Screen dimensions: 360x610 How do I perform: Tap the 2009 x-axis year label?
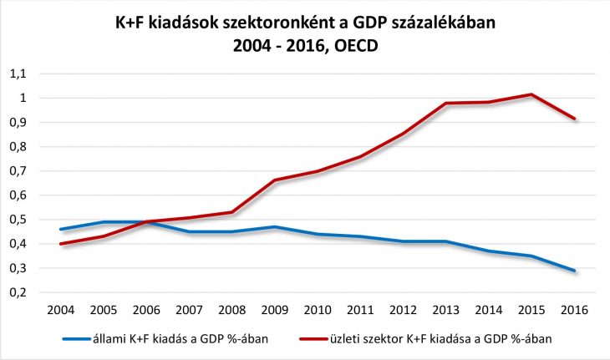[x=275, y=310]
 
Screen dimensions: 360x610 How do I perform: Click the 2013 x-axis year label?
[x=447, y=310]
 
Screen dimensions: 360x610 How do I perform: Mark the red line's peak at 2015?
[x=531, y=94]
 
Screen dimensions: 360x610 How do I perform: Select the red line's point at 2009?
[x=275, y=180]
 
